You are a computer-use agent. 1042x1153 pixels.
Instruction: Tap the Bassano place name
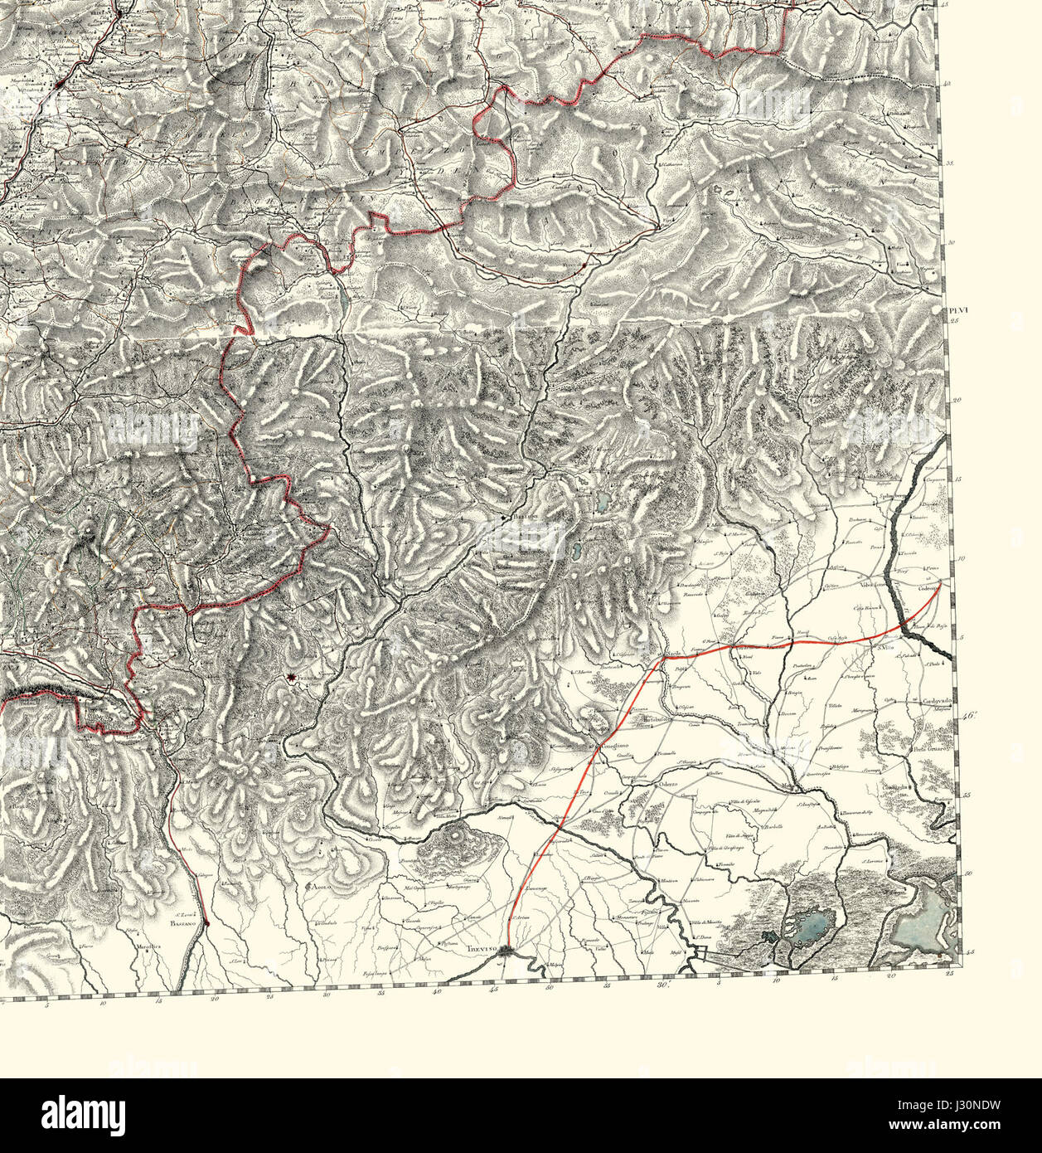pos(181,922)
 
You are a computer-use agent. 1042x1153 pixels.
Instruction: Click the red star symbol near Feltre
pos(291,679)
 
